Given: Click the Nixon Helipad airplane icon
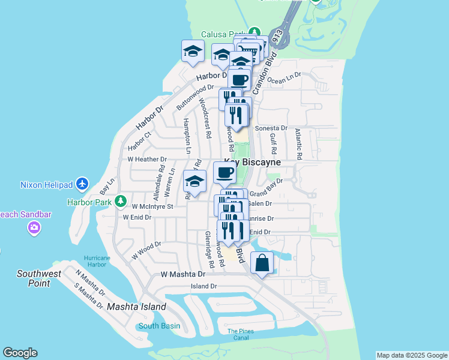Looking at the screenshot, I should pos(82,184).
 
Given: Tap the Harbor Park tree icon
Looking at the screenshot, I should pos(121,201).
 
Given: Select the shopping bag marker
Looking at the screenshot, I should pos(262,263).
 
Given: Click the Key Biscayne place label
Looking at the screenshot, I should pos(253,163).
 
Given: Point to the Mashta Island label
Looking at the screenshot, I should pos(136,307).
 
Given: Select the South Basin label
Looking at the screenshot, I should pos(158,326).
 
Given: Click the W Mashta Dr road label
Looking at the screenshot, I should pos(183,274).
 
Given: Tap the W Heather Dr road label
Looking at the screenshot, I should pos(147,160).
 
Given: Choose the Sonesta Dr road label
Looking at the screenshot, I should pos(271,128).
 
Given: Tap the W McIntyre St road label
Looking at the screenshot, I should pos(152,206).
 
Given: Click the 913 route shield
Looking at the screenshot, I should pos(276,37).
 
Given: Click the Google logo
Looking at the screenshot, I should pos(20,353).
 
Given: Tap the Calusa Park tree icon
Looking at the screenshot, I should pos(255,32).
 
